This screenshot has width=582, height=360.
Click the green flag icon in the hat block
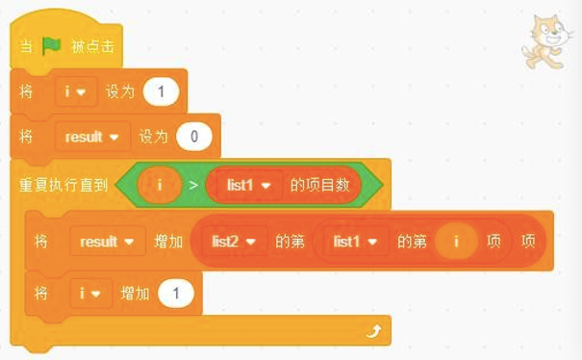point(51,45)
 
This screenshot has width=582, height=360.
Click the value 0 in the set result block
point(194,137)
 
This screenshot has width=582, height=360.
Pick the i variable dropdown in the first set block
point(72,91)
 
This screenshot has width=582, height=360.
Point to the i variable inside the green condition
point(159,183)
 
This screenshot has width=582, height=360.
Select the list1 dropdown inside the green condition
point(246,183)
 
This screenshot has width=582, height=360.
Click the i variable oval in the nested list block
point(457,242)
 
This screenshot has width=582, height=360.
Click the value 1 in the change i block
point(176,292)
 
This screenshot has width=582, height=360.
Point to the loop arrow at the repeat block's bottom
point(373,330)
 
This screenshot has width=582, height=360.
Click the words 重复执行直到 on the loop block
point(62,183)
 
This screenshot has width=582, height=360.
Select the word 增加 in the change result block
point(167,242)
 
